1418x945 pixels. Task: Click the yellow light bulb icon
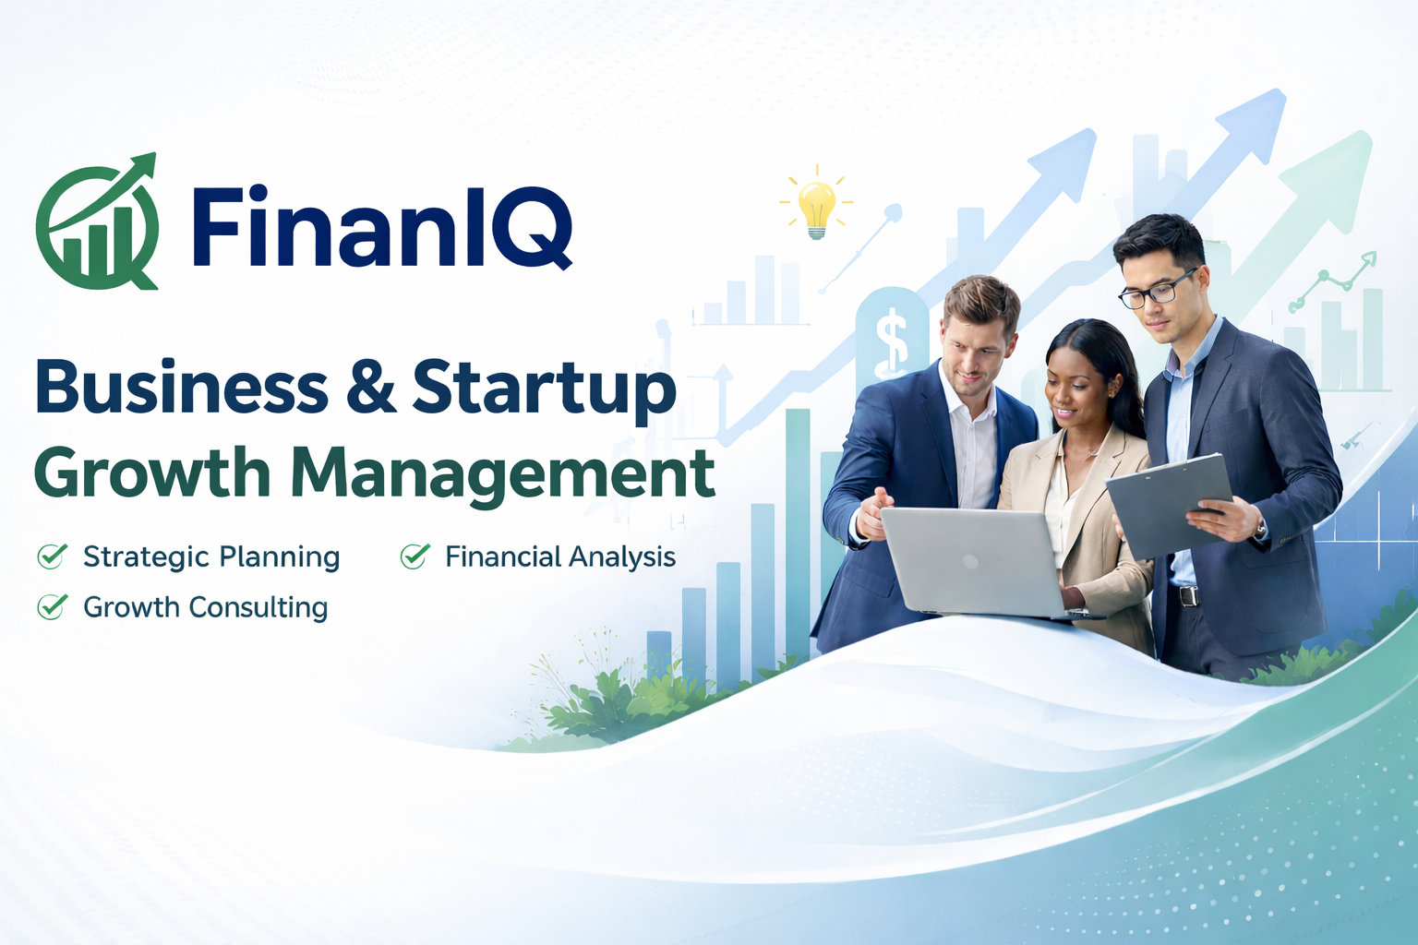817,207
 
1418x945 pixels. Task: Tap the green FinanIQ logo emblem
97,221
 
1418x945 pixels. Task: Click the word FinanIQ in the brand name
382,227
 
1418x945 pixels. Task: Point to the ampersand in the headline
371,386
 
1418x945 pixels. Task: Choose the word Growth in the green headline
152,472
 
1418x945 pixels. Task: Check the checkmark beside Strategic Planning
53,556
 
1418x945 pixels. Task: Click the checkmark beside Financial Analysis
415,556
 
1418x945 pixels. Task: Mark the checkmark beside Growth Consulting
53,606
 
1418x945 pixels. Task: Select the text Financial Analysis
560,557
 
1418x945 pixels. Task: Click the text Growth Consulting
206,607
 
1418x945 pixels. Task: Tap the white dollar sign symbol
891,341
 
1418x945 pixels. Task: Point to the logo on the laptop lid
970,561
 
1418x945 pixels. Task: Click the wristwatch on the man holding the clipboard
1258,528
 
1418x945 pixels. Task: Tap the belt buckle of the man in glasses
1188,595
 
